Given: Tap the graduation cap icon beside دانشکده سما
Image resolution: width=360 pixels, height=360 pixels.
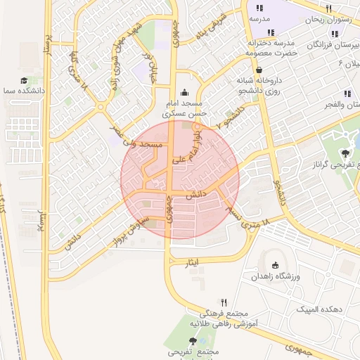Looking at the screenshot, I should (x=24, y=81).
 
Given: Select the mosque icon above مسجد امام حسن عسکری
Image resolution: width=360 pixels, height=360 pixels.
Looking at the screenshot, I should (x=184, y=92).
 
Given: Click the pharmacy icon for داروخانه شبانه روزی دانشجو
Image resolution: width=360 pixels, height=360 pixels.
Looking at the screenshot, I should (x=260, y=70).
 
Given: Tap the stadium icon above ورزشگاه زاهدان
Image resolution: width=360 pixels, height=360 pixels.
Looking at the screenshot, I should (x=276, y=265).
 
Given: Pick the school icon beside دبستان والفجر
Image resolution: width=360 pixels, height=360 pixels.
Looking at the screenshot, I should (x=347, y=94).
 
